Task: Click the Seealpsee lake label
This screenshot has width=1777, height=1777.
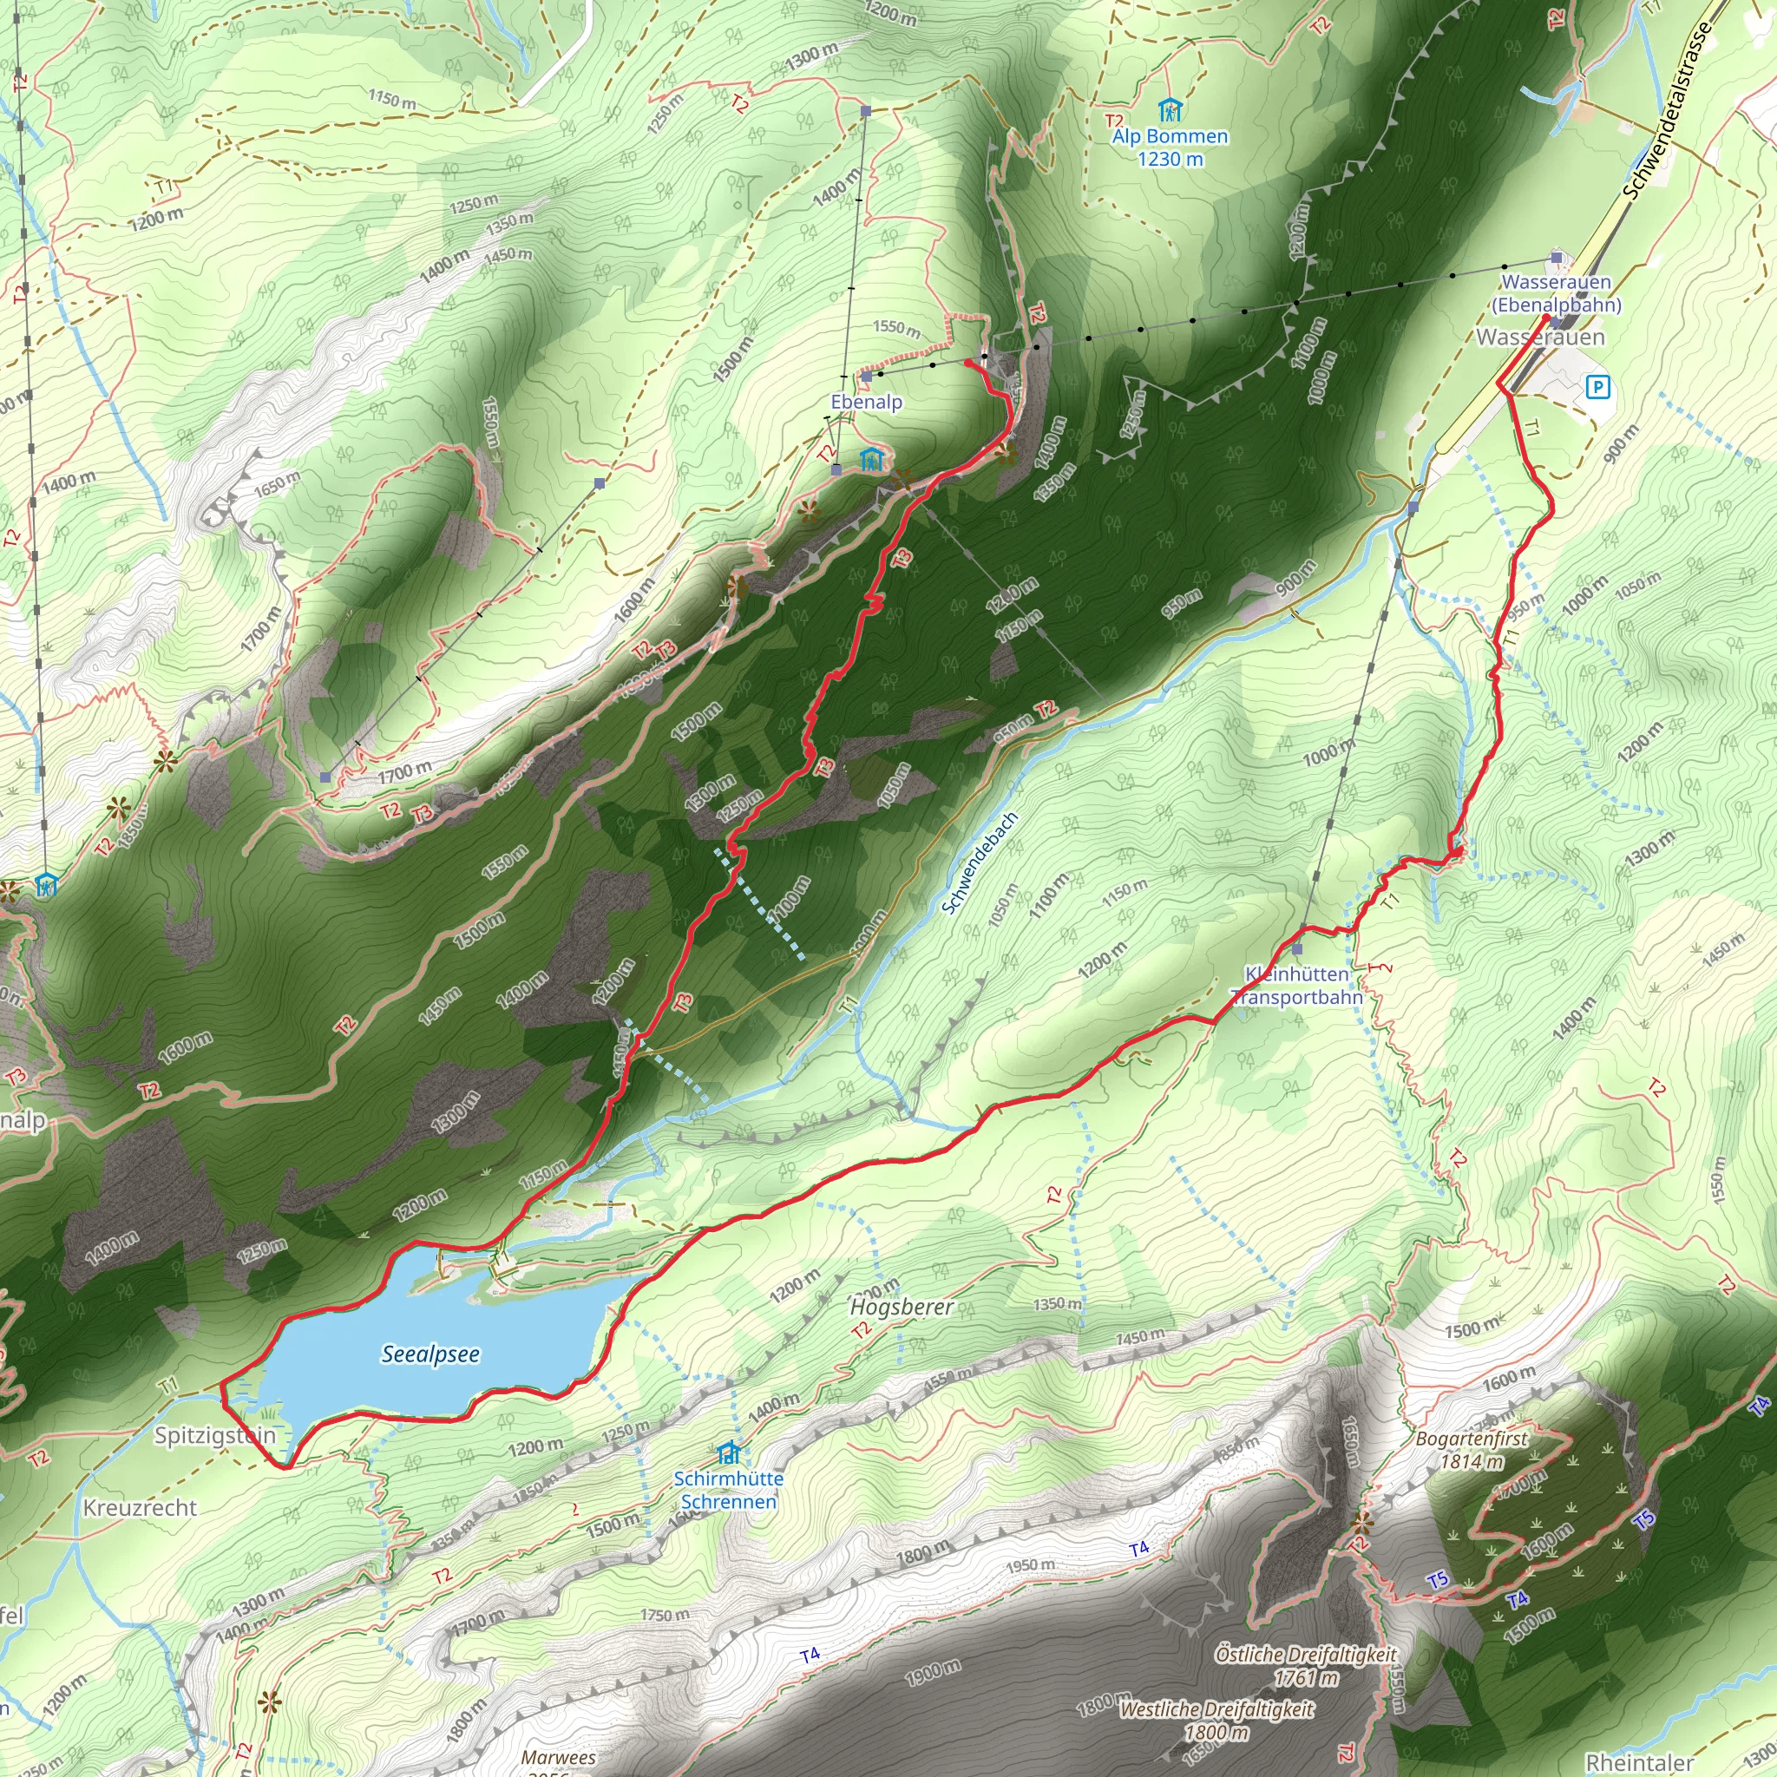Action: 430,1354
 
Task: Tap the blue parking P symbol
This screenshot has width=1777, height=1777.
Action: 1597,387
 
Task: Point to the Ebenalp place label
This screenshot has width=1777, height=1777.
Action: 867,402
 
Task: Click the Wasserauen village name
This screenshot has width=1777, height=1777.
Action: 1541,338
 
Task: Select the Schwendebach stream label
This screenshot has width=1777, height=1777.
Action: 979,862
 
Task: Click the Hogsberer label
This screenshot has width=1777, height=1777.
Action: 902,1307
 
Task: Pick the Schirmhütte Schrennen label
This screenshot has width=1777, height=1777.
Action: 729,1490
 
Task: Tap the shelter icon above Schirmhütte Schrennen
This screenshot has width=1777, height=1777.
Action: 729,1452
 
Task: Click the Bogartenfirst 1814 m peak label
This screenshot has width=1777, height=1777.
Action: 1472,1450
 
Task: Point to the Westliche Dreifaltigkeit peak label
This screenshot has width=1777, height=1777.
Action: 1216,1720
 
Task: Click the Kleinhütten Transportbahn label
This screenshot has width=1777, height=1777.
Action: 1296,985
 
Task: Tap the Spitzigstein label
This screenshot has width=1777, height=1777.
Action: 215,1436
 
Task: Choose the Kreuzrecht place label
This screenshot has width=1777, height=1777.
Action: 140,1507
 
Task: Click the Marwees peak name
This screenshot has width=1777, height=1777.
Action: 558,1758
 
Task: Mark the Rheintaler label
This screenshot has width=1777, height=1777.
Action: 1640,1762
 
